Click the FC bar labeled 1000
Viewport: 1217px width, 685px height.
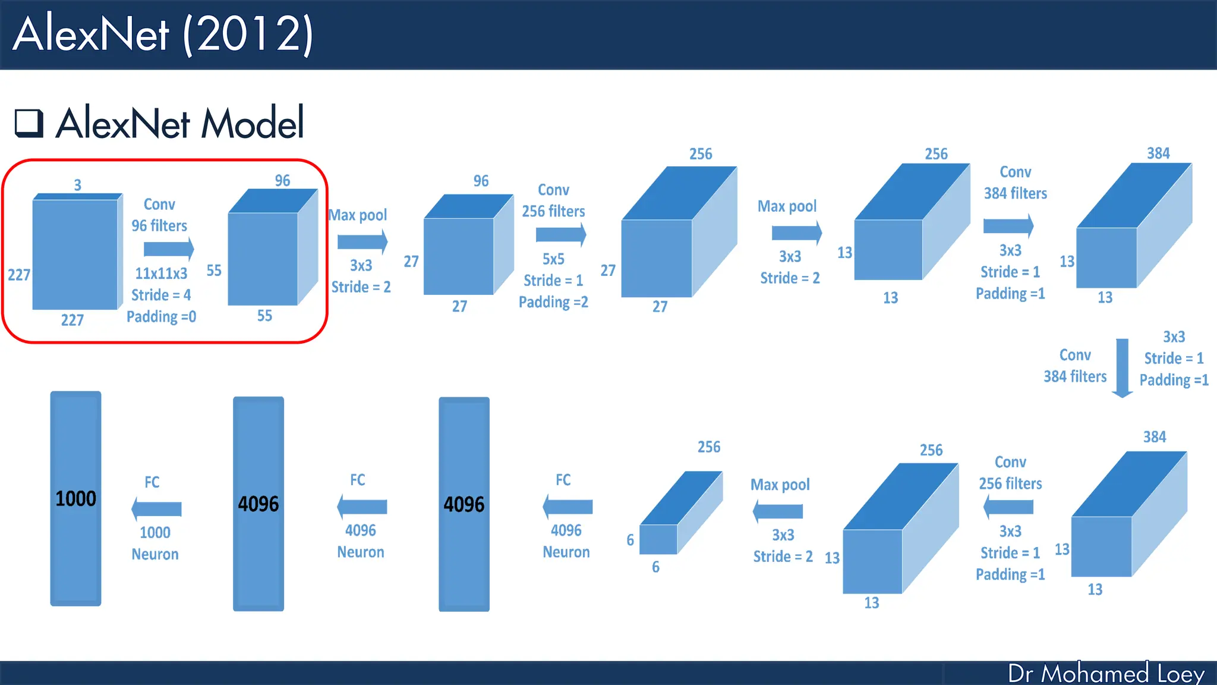75,498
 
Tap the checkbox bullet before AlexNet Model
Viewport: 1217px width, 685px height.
29,123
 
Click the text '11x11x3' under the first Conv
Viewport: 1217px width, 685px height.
161,274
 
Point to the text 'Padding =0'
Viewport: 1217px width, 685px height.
161,316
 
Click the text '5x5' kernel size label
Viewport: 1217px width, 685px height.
553,259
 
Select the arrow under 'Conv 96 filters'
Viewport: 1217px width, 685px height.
169,249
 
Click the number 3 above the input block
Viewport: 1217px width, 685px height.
77,185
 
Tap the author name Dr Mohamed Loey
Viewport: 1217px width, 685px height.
1106,673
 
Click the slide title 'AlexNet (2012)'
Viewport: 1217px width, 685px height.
163,34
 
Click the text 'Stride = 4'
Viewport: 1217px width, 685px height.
161,295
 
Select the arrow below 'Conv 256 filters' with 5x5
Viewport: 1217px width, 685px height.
560,234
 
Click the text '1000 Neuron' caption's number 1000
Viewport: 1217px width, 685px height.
155,532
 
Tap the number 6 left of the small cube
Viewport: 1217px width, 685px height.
630,540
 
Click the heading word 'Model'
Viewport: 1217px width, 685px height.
253,123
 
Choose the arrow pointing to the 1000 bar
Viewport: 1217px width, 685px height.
156,509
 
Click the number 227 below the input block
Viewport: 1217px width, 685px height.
72,320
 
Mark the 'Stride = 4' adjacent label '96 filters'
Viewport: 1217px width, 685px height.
159,226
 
